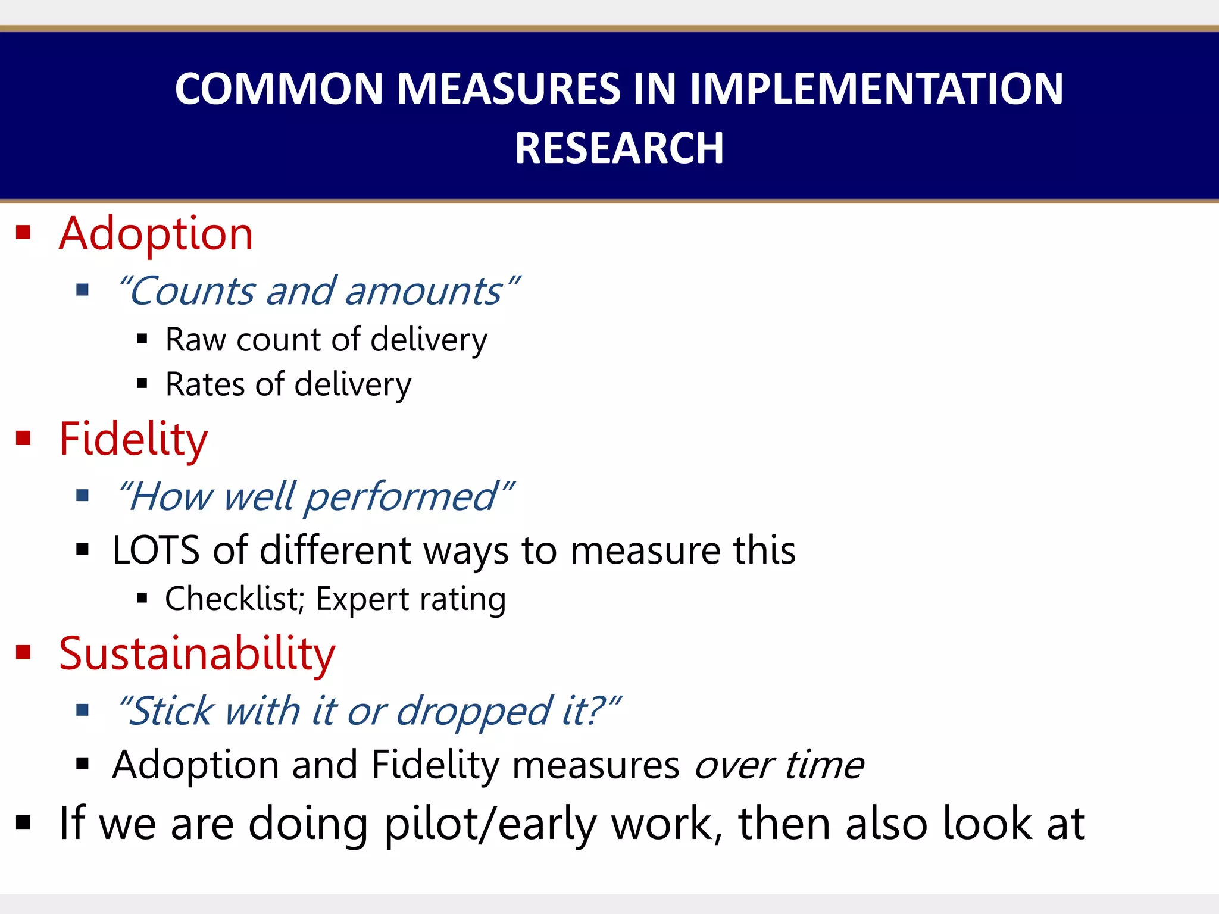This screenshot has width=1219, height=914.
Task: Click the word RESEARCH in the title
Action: [x=619, y=148]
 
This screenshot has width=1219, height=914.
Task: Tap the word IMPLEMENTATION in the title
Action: [x=876, y=89]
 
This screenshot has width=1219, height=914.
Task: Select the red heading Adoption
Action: [x=156, y=234]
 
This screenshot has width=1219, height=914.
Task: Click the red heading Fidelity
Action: [x=133, y=439]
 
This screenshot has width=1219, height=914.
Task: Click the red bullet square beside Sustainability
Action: [x=23, y=652]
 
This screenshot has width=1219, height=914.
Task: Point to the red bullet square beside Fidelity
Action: [x=23, y=439]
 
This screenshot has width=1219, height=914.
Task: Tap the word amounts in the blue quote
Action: [x=424, y=292]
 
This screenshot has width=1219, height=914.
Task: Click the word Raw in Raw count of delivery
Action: [x=195, y=340]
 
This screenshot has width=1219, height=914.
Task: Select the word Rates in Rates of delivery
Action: [x=205, y=384]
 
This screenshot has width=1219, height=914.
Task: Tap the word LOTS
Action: [x=156, y=550]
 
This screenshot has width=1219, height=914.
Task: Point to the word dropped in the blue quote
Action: [x=474, y=712]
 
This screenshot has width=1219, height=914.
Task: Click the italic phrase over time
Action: [x=779, y=765]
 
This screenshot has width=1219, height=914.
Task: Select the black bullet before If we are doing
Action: [x=23, y=823]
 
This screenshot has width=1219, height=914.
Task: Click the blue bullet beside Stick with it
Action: [x=83, y=709]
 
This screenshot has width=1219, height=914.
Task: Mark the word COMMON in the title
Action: [x=279, y=89]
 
